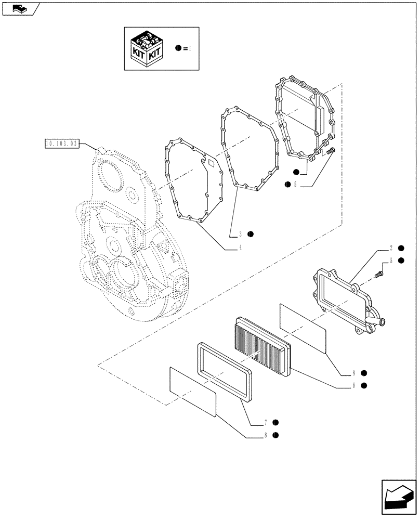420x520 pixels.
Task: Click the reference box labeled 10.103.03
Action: (61, 142)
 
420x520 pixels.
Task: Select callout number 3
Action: (241, 234)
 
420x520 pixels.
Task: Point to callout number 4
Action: (241, 248)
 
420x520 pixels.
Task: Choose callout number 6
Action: (353, 386)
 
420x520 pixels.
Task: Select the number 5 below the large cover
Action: (295, 184)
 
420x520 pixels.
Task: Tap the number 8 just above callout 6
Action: (353, 373)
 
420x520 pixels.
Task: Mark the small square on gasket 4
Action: (212, 163)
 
